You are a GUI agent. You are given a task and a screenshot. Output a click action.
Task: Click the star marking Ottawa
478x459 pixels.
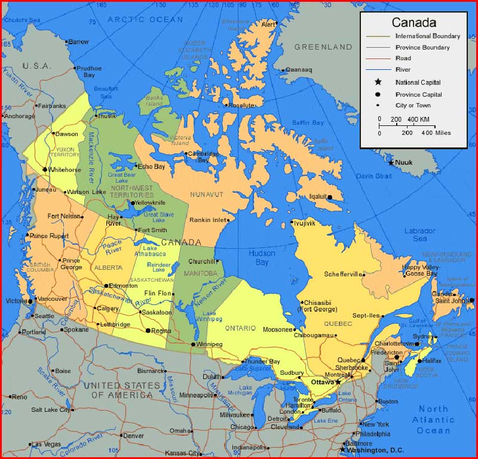(338, 381)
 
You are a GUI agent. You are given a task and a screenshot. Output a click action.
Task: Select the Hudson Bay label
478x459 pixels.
(262, 257)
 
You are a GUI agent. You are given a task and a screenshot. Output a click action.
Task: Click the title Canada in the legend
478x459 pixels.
(413, 23)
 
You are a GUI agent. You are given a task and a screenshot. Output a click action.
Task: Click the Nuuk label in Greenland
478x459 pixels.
(405, 162)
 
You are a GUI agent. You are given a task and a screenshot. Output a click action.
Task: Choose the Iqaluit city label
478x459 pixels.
(318, 196)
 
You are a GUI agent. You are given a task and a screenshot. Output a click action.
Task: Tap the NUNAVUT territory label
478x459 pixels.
(206, 195)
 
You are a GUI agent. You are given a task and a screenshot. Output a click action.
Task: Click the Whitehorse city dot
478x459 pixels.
(44, 170)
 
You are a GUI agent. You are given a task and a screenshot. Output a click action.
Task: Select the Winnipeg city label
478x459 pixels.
(209, 344)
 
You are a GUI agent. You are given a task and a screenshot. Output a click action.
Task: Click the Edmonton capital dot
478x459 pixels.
(106, 286)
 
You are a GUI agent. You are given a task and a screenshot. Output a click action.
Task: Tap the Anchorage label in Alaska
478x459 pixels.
(19, 116)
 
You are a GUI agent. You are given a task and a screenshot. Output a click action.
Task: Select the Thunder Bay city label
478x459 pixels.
(263, 362)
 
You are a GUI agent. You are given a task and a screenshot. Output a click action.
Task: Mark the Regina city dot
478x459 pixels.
(148, 330)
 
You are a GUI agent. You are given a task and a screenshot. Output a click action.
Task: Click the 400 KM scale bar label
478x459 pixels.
(418, 119)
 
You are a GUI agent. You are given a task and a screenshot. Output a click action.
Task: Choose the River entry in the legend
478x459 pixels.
(402, 70)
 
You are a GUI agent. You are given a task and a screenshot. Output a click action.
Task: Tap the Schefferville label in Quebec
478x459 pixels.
(344, 275)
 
